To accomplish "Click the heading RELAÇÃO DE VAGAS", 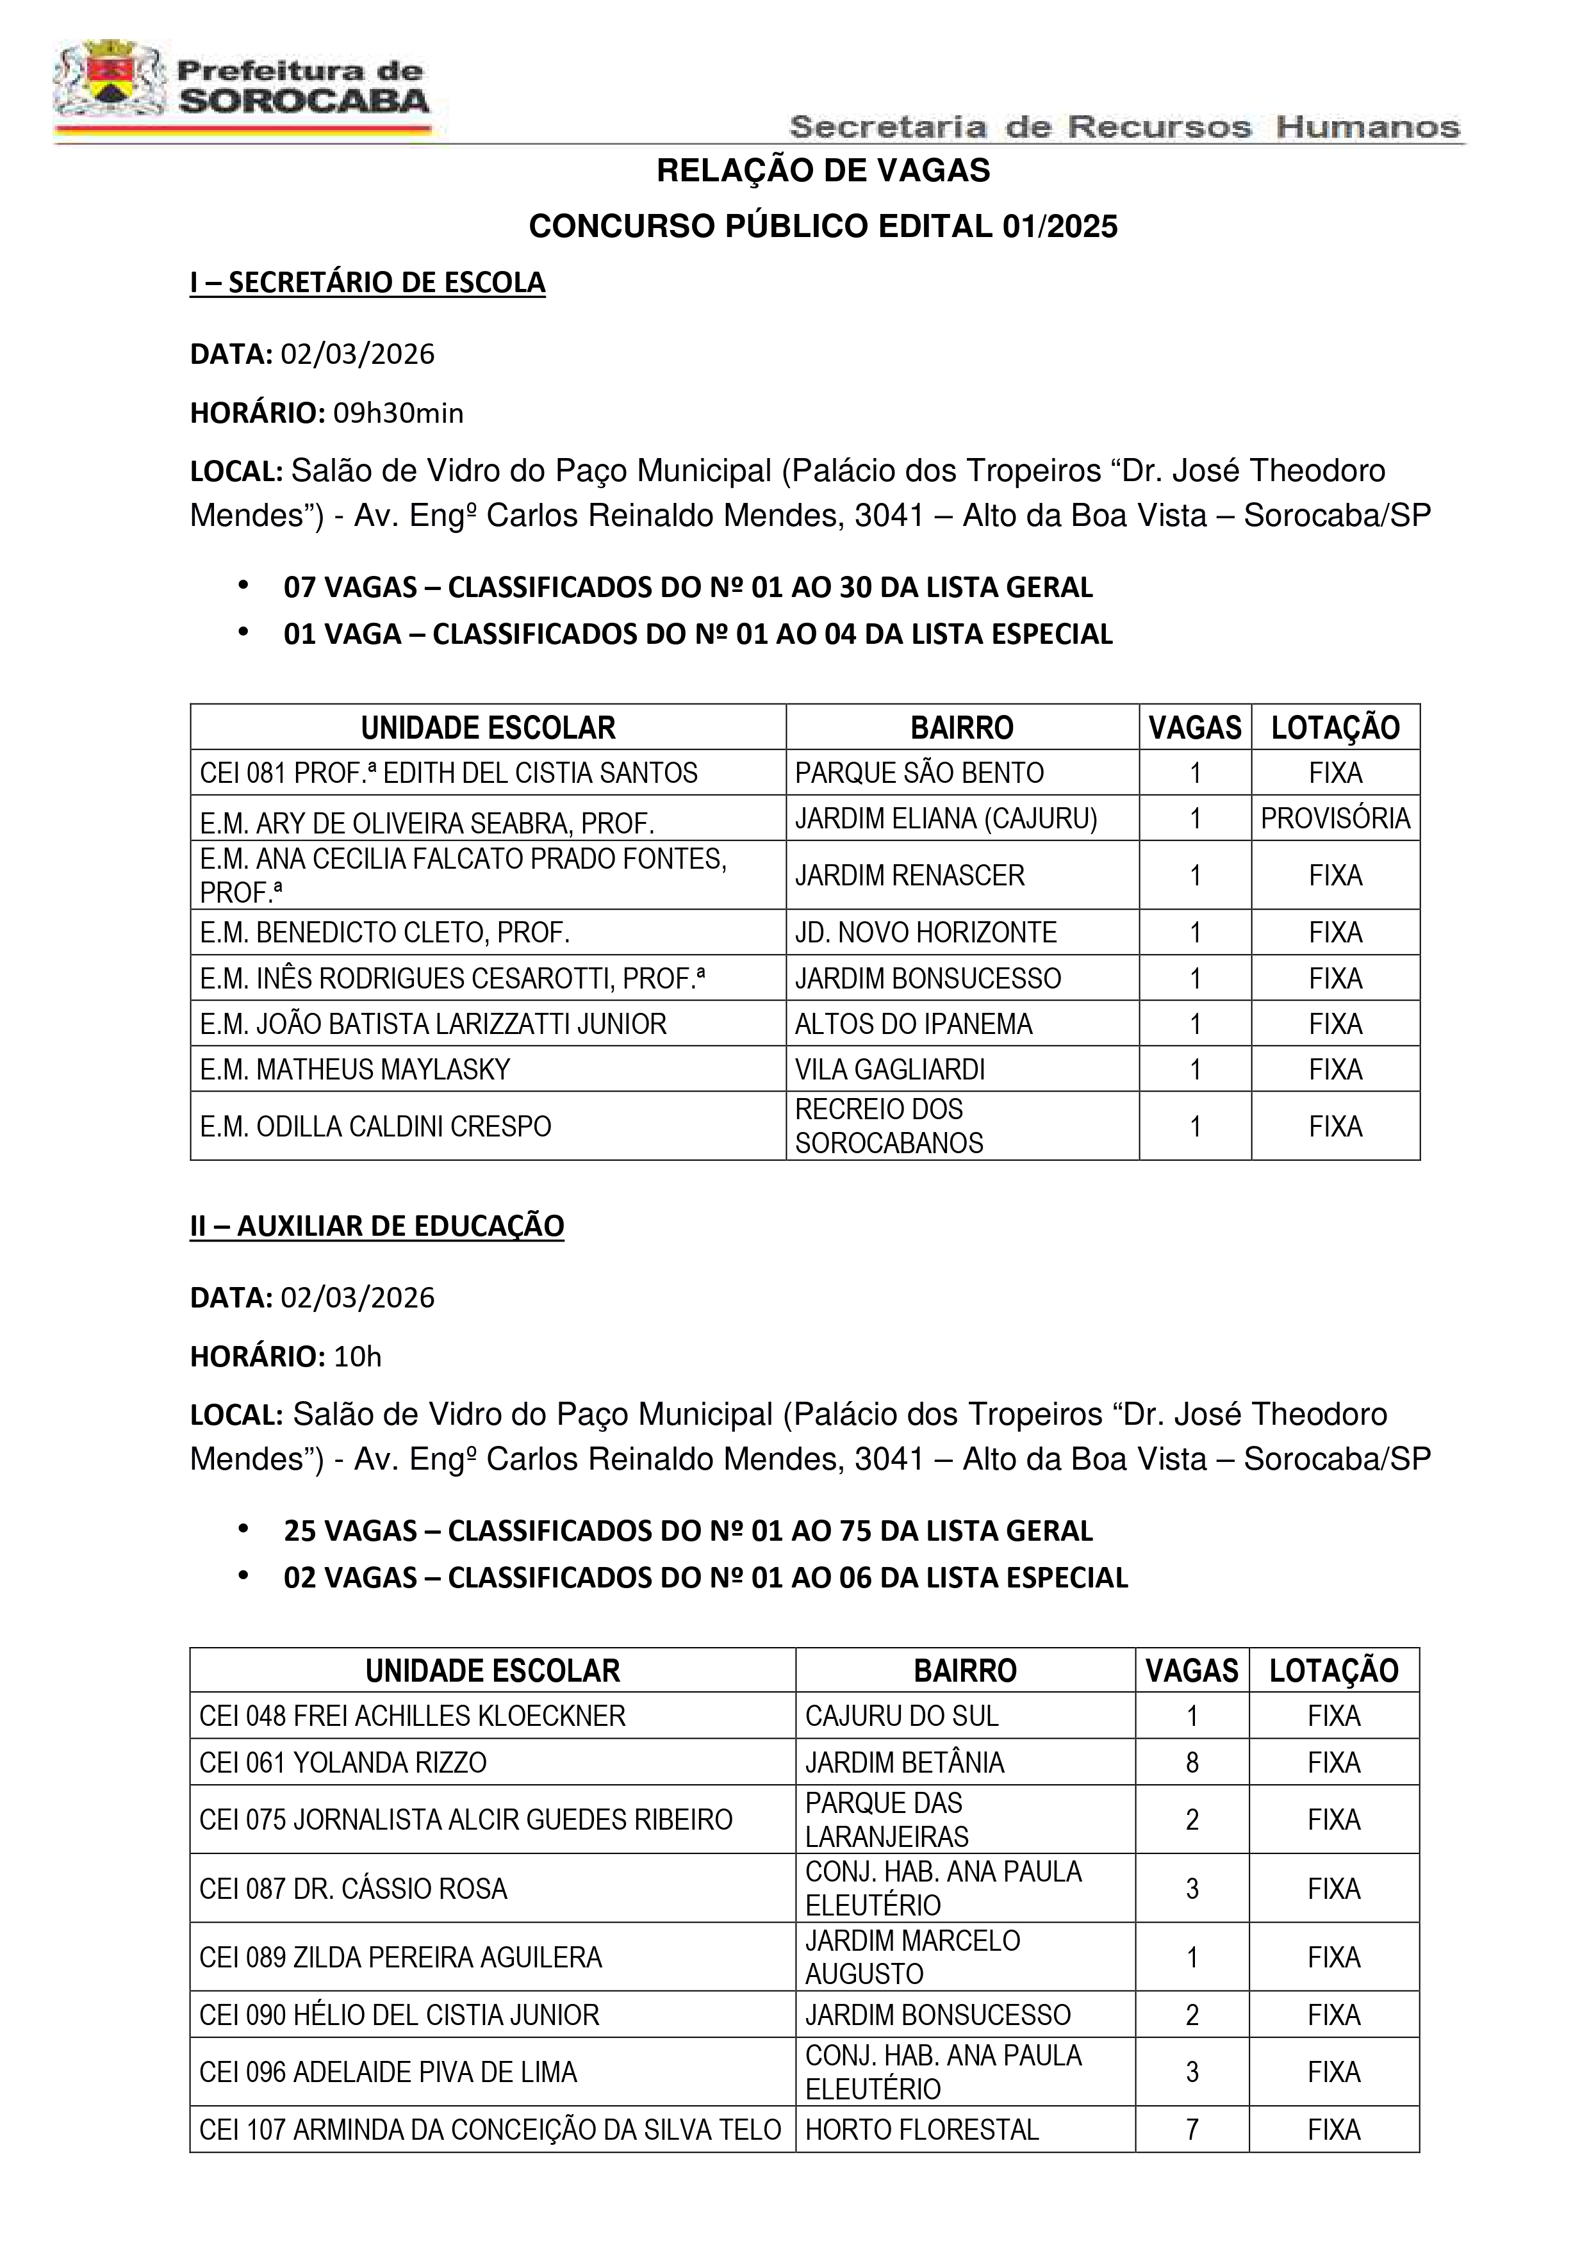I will click(x=823, y=170).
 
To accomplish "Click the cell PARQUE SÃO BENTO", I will click(x=918, y=773).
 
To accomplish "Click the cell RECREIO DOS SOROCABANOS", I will click(x=888, y=1126).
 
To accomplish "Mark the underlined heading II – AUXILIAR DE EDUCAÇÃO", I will click(x=377, y=1226).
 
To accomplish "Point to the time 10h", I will click(x=358, y=1356).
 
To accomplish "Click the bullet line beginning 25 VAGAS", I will click(x=687, y=1530).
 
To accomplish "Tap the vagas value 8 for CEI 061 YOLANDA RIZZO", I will click(x=1192, y=1762).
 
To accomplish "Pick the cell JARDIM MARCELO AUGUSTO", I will click(x=912, y=1957).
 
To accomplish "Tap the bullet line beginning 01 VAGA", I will click(x=697, y=634).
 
